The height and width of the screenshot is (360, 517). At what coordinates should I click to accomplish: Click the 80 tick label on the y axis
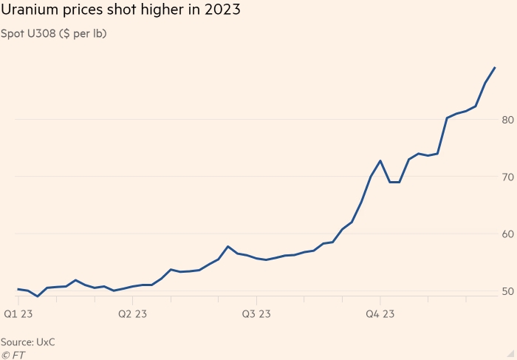coord(507,120)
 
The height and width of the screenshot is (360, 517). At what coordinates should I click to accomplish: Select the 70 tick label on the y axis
coord(507,177)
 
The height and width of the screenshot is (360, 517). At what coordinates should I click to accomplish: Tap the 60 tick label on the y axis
coord(507,234)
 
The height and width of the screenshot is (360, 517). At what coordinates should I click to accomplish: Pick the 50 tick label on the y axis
coord(507,292)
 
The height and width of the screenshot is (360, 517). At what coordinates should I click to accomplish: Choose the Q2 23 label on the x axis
coord(131,314)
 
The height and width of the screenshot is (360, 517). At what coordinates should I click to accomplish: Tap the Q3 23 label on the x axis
coord(256,314)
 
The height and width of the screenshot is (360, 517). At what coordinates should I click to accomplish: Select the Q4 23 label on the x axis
coord(380,314)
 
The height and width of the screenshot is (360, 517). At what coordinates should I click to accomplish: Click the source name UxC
coord(46,342)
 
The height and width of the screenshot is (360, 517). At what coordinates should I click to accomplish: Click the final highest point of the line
coord(494,67)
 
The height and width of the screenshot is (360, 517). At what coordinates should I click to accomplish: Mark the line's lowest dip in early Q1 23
coord(38,296)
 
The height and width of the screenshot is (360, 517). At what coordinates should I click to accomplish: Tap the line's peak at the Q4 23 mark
coord(380,160)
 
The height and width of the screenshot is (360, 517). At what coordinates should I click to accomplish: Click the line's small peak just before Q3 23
coord(228,246)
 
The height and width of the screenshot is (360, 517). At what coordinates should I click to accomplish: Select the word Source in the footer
coord(16,342)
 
